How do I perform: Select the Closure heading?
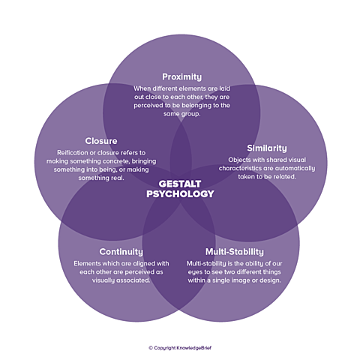pyautogui.click(x=101, y=141)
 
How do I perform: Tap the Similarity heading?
pyautogui.click(x=267, y=148)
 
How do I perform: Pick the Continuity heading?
pyautogui.click(x=121, y=251)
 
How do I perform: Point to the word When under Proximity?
pyautogui.click(x=140, y=88)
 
